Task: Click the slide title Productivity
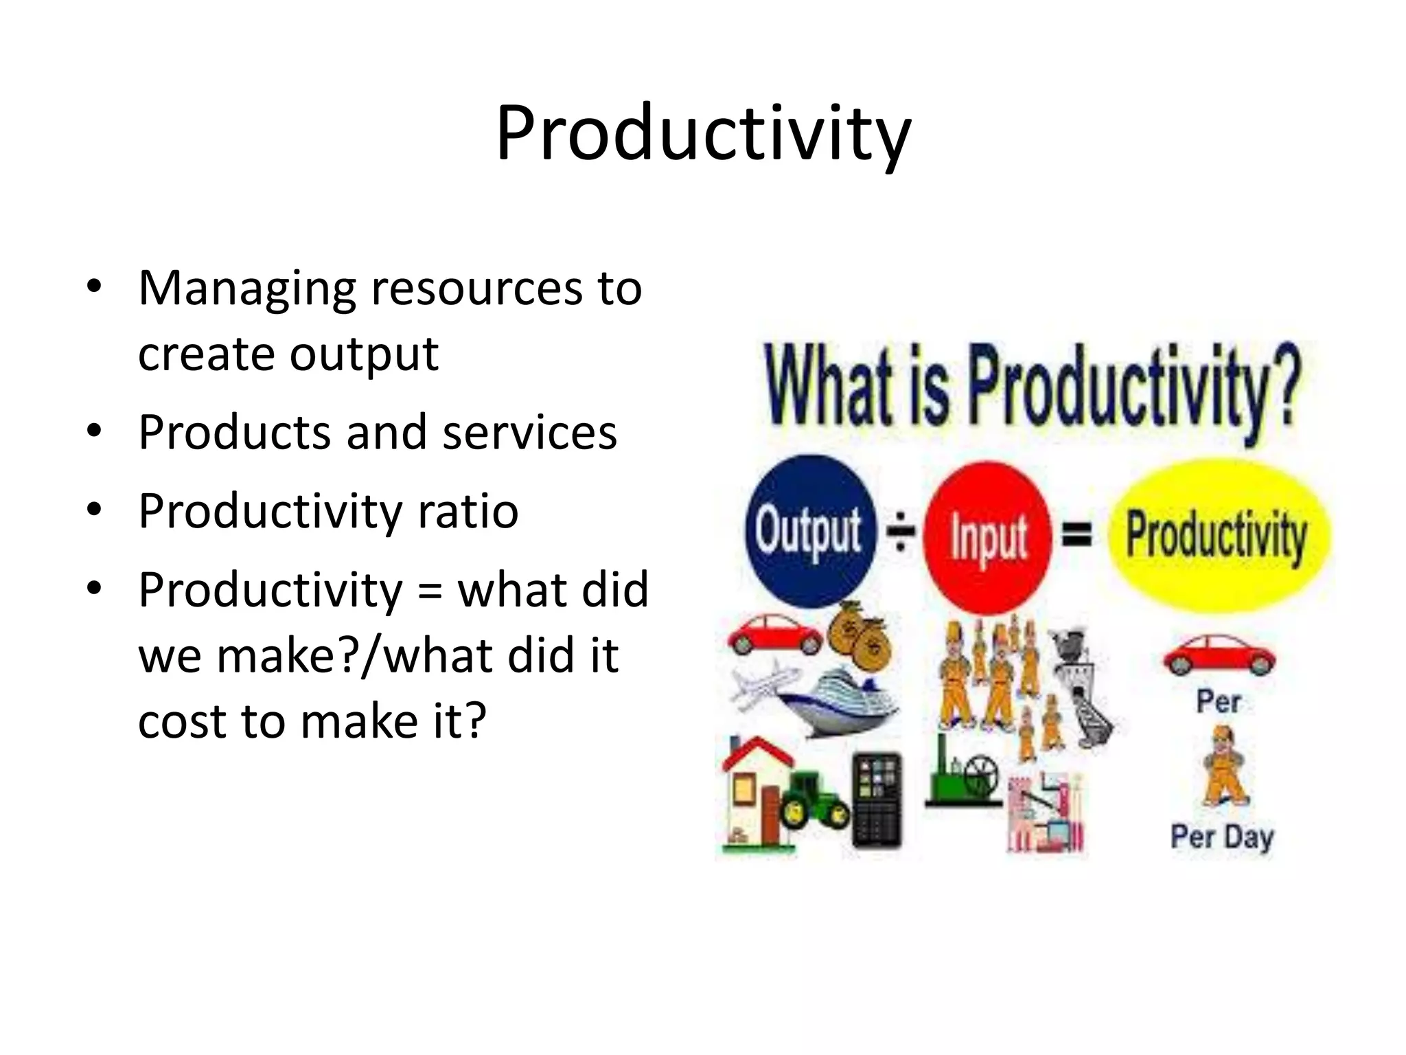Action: click(703, 134)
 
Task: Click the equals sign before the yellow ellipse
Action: click(1077, 534)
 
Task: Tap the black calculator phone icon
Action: click(877, 800)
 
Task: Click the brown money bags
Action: click(858, 635)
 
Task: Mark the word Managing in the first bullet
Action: click(247, 288)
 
